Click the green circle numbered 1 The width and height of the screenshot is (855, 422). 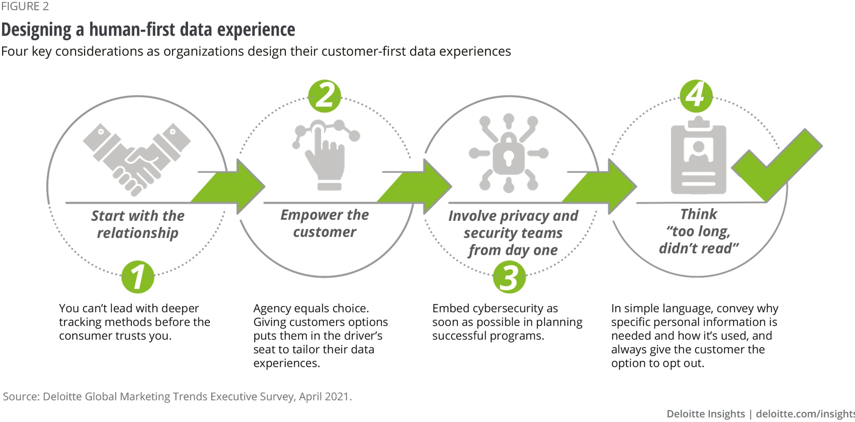(x=138, y=277)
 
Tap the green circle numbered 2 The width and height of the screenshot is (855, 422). (x=324, y=96)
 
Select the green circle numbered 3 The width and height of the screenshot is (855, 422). (x=509, y=277)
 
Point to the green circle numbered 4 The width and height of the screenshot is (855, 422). (x=696, y=96)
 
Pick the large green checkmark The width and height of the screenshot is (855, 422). (x=776, y=165)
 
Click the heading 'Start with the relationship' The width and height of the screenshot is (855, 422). (x=138, y=224)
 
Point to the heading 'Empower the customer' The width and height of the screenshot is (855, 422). (x=324, y=223)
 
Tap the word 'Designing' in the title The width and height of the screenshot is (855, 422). (x=36, y=30)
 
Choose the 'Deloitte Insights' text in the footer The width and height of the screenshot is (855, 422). (x=705, y=414)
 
